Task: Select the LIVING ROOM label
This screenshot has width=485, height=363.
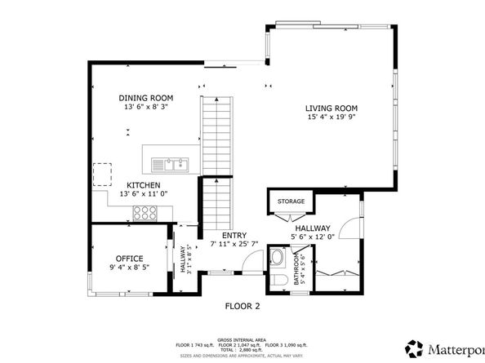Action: point(331,108)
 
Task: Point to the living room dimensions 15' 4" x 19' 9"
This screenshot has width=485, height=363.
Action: point(331,117)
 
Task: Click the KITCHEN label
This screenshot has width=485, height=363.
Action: point(143,185)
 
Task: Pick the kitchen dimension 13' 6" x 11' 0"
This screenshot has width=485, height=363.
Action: point(143,194)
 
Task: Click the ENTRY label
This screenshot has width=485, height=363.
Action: point(234,235)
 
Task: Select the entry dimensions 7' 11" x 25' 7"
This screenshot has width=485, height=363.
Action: point(234,244)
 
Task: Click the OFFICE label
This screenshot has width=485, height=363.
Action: point(129,258)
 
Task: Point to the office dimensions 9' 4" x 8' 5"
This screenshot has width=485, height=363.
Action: point(129,267)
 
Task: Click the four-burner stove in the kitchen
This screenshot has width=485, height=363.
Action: point(145,213)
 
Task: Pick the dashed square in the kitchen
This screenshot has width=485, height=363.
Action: point(103,174)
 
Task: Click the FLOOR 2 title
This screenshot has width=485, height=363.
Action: point(242,307)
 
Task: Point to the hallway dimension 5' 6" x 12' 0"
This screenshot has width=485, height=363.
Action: point(313,238)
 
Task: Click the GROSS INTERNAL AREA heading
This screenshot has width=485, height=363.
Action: point(242,339)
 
